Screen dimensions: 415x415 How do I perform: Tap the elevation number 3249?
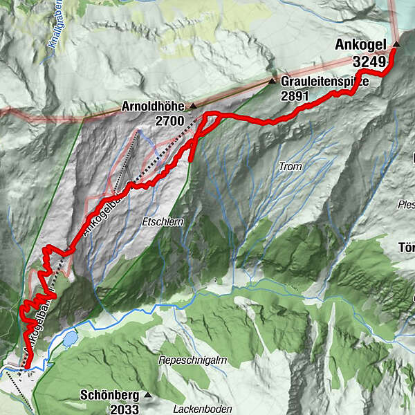click(368, 62)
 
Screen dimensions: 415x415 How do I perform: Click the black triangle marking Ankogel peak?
click(396, 45)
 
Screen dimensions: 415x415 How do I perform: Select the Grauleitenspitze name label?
click(325, 82)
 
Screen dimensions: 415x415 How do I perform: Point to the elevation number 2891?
click(295, 96)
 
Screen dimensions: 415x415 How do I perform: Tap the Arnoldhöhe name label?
click(154, 107)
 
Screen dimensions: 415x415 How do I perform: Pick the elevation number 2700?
click(170, 122)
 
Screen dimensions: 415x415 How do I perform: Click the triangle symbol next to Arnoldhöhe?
click(193, 107)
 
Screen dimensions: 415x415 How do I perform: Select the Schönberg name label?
click(110, 396)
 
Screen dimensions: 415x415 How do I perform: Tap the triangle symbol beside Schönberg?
click(148, 396)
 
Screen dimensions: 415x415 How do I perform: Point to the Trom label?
click(290, 167)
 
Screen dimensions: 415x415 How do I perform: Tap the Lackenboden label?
click(196, 409)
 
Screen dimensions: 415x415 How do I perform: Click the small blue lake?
click(70, 339)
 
